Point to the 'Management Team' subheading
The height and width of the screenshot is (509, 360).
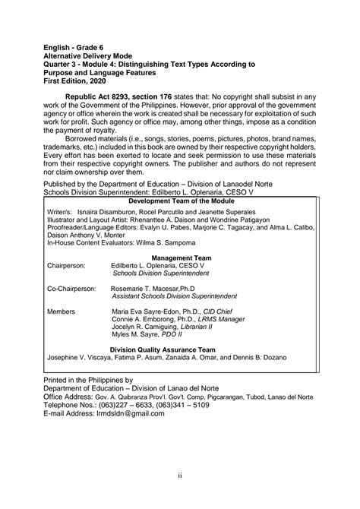click(x=182, y=258)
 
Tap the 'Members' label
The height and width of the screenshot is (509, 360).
click(x=61, y=312)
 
